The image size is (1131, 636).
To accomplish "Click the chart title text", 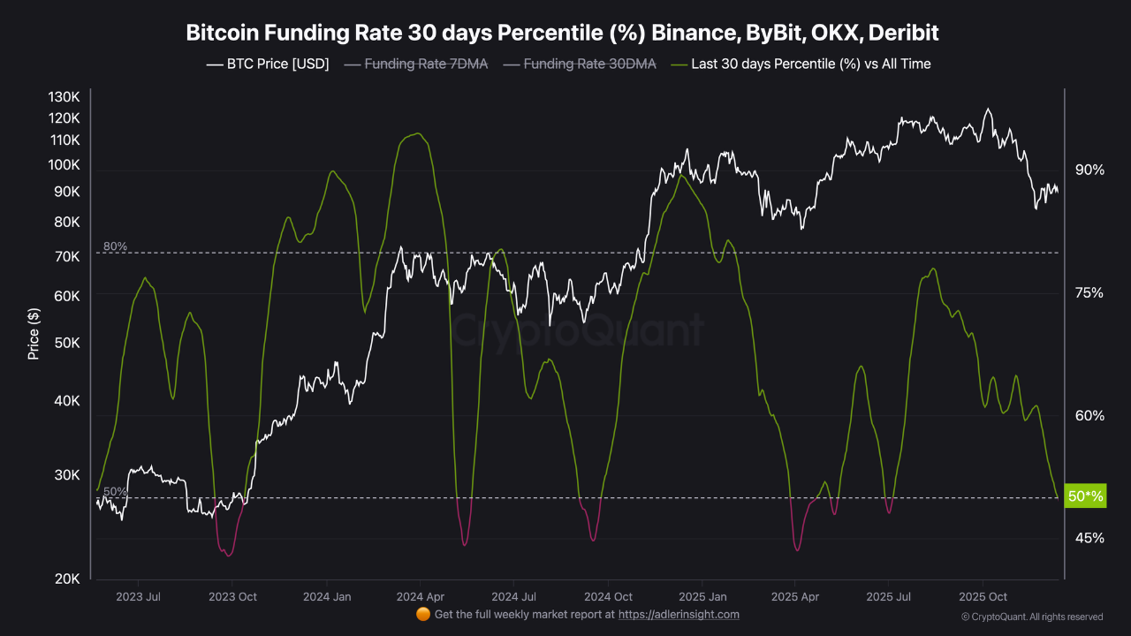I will click(x=562, y=33).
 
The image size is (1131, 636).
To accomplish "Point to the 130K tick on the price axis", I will click(x=65, y=96).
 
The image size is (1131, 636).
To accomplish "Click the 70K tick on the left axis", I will click(x=67, y=256).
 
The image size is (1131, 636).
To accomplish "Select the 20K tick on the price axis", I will click(x=67, y=579).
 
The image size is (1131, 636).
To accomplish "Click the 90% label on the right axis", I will click(x=1089, y=170).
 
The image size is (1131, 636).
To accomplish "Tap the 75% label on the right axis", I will click(x=1089, y=292).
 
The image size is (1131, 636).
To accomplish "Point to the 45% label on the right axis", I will click(x=1089, y=537).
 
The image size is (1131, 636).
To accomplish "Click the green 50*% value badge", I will click(x=1085, y=496).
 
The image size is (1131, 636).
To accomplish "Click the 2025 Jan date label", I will click(x=704, y=596).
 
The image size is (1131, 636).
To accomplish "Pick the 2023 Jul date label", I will click(x=138, y=596).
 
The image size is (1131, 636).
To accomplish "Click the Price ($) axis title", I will click(x=34, y=333).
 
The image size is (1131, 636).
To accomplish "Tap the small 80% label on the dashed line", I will click(x=115, y=246).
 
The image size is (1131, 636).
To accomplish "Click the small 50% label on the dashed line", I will click(x=115, y=491).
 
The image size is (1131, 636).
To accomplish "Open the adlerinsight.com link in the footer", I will click(x=679, y=614).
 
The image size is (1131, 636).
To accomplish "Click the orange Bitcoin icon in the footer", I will click(x=422, y=614).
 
